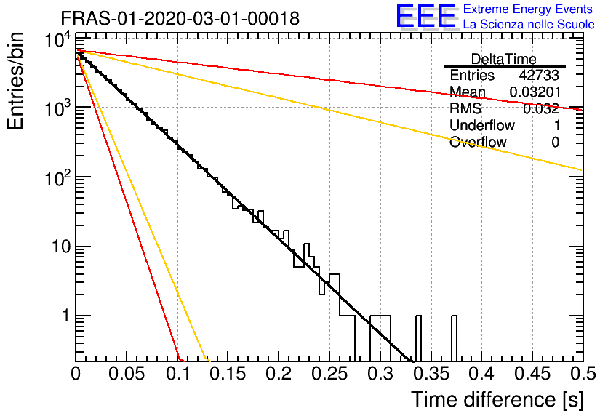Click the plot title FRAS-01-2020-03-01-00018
[180, 18]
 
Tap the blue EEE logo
[425, 16]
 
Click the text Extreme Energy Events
[528, 9]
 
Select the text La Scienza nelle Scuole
[529, 24]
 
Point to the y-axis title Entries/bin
[15, 81]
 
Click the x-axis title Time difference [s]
[497, 399]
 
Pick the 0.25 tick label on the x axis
[330, 374]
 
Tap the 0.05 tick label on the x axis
[127, 374]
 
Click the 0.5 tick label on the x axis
[583, 374]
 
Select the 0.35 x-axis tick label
[431, 374]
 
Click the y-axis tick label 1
[66, 316]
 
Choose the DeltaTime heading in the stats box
[504, 59]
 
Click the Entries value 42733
[539, 75]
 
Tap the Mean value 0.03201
[535, 92]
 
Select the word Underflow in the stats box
[482, 125]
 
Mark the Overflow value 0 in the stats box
[555, 143]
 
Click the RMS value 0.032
[541, 108]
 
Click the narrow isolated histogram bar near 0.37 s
[454, 338]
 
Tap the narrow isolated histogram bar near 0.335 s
[418, 338]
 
